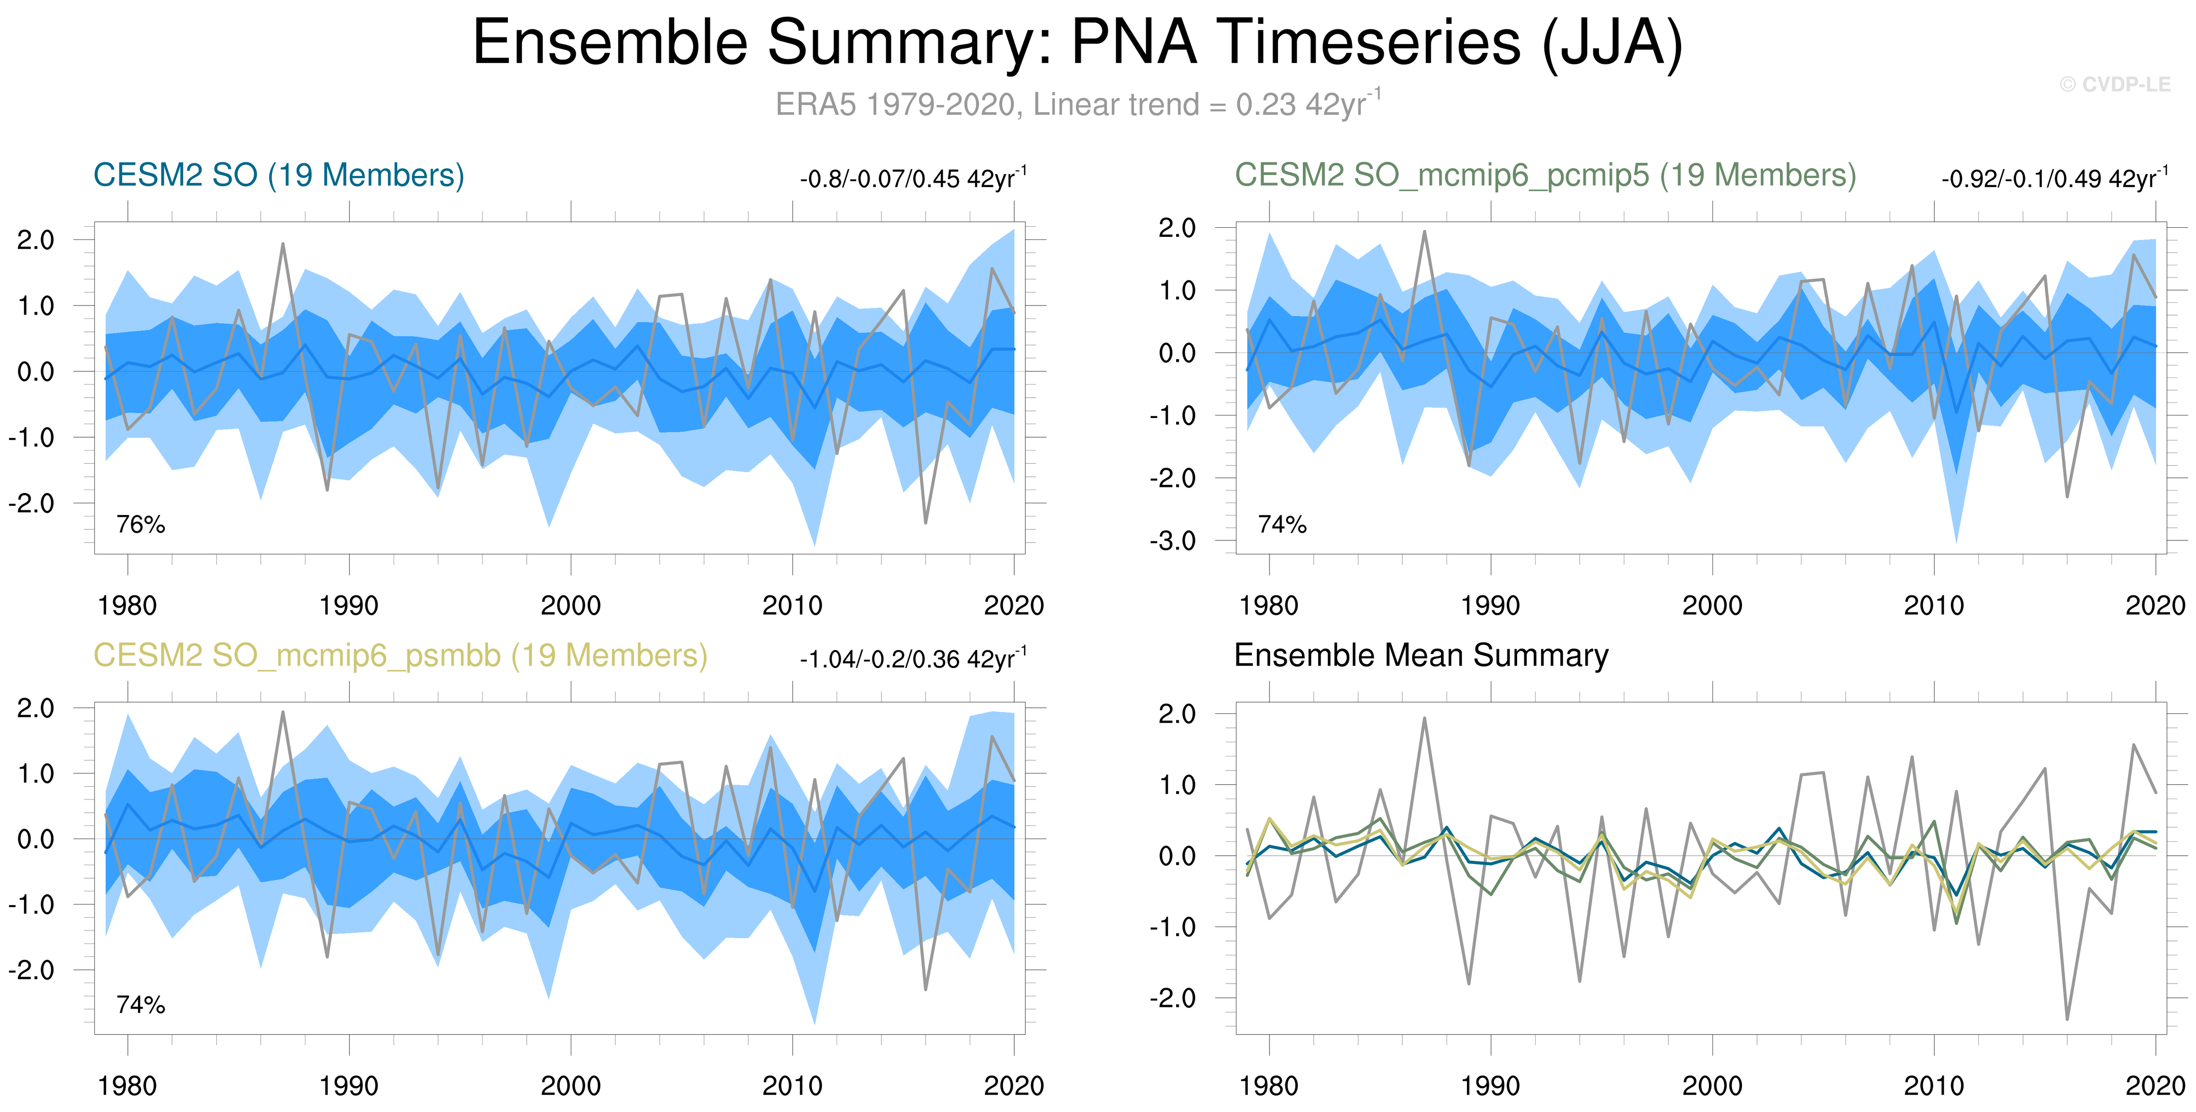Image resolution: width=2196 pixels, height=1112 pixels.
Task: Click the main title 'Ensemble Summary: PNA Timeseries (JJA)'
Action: (x=1078, y=43)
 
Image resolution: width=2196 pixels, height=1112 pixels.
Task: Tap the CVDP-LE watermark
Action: (x=2115, y=84)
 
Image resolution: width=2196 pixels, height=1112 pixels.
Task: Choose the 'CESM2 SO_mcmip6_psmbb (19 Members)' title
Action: (x=400, y=656)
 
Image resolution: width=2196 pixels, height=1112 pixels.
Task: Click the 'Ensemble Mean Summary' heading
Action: (x=1421, y=655)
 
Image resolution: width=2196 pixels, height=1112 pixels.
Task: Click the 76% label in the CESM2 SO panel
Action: (x=141, y=524)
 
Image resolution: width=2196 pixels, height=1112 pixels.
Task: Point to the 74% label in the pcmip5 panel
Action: (x=1282, y=524)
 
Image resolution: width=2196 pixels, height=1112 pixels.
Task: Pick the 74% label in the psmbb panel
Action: (x=141, y=1004)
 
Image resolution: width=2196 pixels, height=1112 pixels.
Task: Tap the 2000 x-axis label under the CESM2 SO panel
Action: (x=570, y=606)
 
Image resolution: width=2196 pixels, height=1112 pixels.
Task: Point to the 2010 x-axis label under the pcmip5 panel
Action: (x=1934, y=606)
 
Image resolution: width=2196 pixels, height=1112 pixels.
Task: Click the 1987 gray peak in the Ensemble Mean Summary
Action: (x=1424, y=718)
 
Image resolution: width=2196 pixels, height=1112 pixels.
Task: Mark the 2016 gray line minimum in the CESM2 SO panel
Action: (x=926, y=523)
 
